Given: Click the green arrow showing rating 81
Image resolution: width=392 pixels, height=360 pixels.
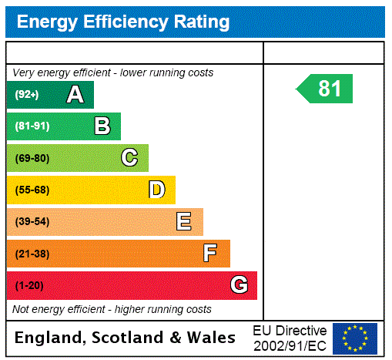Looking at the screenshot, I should [326, 89].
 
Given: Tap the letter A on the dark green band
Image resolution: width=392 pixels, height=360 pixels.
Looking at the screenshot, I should [75, 95].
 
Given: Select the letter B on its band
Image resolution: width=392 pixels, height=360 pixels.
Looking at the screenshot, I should [102, 126].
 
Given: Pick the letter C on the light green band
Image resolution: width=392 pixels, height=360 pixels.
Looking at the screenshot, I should [129, 158].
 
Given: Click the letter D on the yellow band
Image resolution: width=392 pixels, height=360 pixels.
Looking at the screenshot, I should [156, 190].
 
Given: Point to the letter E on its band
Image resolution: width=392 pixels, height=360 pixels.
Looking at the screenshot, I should [184, 222].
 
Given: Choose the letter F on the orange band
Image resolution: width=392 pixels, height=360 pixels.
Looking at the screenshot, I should [209, 254].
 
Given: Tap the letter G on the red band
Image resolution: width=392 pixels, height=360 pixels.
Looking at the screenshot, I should [239, 285].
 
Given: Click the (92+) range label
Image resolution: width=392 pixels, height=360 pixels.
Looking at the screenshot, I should [27, 95].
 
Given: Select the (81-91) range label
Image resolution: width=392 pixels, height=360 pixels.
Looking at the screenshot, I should [32, 126].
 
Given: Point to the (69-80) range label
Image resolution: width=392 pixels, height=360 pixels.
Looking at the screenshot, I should [32, 158].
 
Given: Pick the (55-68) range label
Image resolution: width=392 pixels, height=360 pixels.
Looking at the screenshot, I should [32, 190].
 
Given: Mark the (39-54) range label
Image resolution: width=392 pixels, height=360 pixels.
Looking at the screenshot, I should [32, 222].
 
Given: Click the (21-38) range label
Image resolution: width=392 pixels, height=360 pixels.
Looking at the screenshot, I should [32, 254].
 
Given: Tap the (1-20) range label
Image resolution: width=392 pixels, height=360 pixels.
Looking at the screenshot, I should [29, 286].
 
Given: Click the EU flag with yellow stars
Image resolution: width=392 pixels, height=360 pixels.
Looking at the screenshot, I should [355, 338].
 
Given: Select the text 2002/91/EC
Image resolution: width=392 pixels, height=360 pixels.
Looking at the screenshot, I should [290, 345].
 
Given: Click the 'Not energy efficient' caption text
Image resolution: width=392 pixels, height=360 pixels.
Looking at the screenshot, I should [112, 309].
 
